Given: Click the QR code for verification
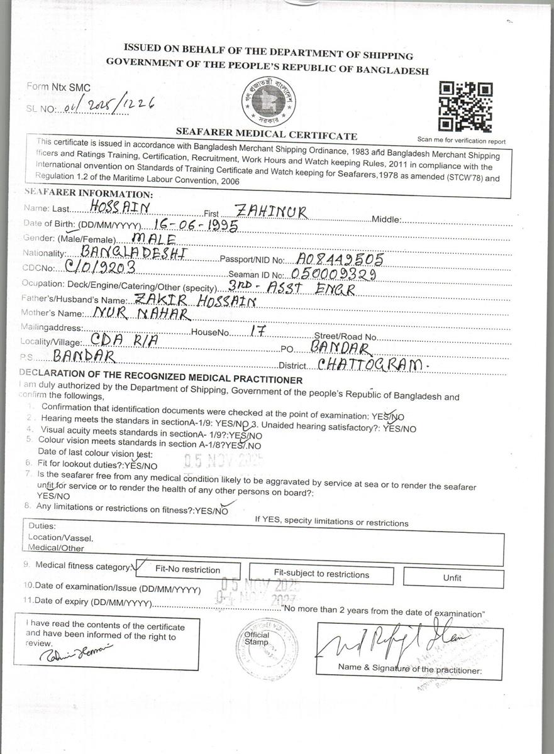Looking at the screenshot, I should click(x=465, y=106).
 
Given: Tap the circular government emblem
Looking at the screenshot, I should click(x=269, y=104).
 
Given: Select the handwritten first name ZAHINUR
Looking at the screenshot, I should click(x=270, y=212).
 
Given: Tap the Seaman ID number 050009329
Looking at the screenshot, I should click(x=333, y=274).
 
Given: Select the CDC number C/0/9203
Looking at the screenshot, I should click(x=106, y=266).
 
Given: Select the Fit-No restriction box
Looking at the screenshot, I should click(x=187, y=569).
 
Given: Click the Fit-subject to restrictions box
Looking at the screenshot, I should click(x=321, y=574).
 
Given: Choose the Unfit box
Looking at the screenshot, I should click(x=453, y=577).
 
